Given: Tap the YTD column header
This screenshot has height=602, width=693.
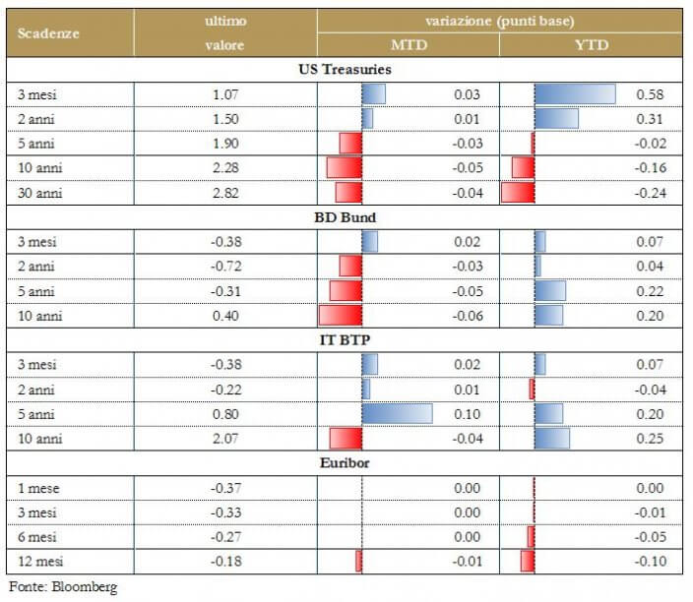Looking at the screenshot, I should tap(591, 44).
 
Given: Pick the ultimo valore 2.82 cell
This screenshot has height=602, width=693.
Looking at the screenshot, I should tap(225, 193).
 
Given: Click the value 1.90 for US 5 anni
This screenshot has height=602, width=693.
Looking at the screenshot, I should tap(225, 144).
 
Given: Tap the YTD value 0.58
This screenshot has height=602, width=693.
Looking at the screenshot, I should tap(650, 94).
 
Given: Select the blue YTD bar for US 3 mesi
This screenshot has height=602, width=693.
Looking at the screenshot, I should tap(575, 94).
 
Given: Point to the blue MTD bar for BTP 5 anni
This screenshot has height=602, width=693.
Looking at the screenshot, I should tap(397, 414).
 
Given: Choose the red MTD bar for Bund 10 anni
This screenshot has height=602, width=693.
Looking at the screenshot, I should tap(341, 316).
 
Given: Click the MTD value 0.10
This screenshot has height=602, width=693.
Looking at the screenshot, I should tap(468, 414).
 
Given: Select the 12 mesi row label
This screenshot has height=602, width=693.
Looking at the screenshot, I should tap(37, 562).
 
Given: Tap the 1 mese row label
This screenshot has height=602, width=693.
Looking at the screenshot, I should tap(35, 488).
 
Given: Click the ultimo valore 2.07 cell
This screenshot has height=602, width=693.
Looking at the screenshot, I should tap(225, 439).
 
